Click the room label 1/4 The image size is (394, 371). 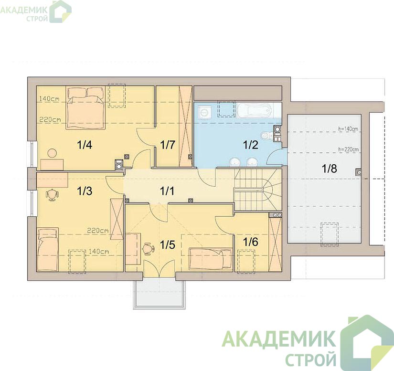click(x=85, y=145)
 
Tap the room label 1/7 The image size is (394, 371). click(x=167, y=145)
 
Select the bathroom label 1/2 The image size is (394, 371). click(x=251, y=145)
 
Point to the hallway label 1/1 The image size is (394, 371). click(x=167, y=191)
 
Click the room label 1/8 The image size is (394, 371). click(x=330, y=169)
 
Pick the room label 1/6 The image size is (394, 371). click(x=251, y=242)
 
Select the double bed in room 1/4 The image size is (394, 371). click(x=85, y=108)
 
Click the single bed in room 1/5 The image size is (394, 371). click(x=211, y=259)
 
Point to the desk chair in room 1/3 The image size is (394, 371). click(x=52, y=195)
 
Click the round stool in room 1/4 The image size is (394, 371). click(x=52, y=153)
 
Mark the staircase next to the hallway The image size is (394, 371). click(x=258, y=190)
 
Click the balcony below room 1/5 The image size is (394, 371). click(x=160, y=293)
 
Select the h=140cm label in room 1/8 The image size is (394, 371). click(x=348, y=129)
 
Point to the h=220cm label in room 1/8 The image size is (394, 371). click(x=348, y=149)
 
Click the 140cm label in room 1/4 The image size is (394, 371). click(x=49, y=99)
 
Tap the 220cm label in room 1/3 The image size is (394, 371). click(x=98, y=230)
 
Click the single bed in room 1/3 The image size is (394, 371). click(x=48, y=249)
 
